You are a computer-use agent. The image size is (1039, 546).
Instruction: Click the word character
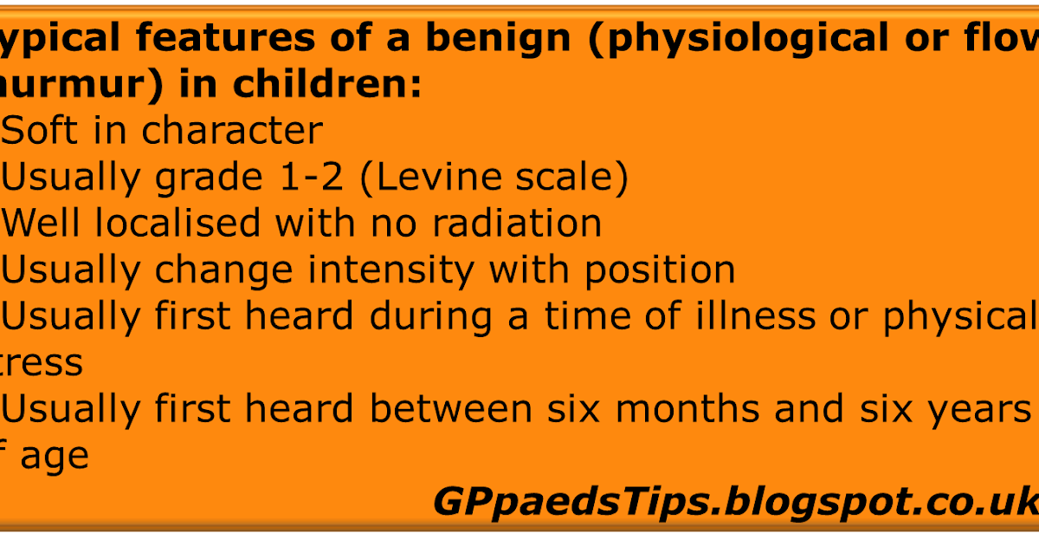click(x=232, y=132)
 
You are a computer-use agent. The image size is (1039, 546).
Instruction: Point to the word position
click(x=659, y=271)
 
